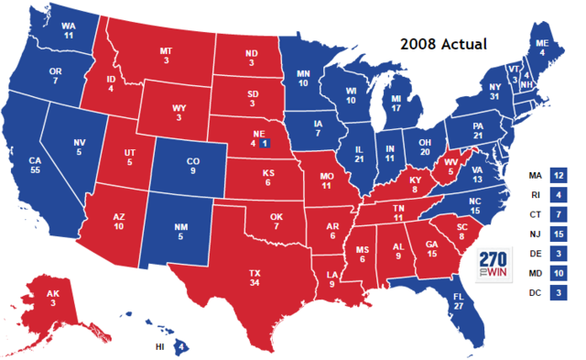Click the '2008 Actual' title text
443,43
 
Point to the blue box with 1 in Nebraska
265,144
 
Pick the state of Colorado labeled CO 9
192,167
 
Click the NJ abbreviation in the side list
534,234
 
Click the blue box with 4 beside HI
181,346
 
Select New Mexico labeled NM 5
181,232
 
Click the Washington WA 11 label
69,31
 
